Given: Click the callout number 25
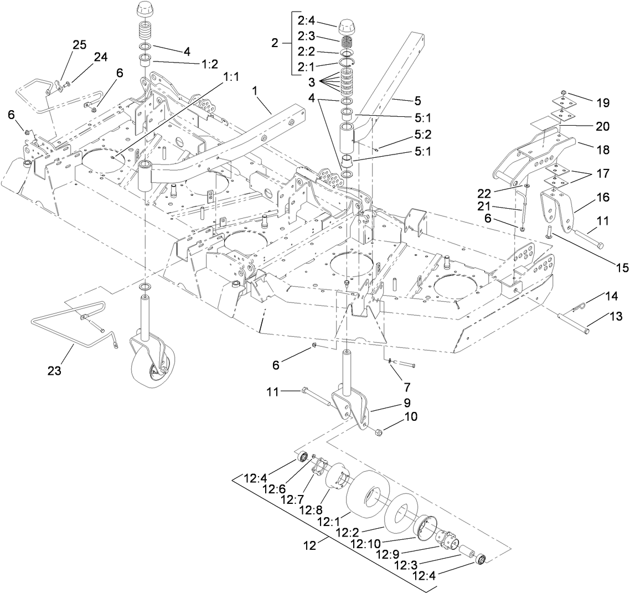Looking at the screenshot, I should [x=80, y=45].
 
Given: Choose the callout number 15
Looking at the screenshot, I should [x=622, y=267].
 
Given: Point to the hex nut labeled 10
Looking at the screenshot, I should [x=378, y=432].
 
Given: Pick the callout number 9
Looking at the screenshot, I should [x=406, y=403].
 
